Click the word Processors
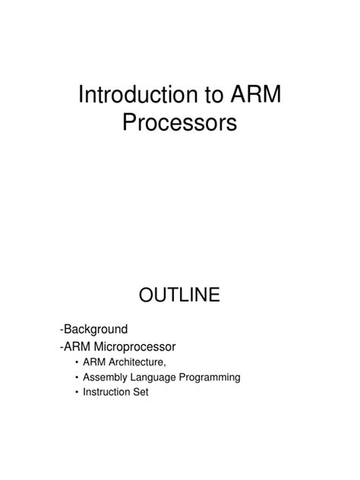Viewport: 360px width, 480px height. tap(180, 122)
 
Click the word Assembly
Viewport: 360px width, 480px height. tap(106, 377)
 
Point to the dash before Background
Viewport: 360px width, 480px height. tap(61, 330)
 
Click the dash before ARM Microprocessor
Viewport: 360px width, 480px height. tap(61, 346)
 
